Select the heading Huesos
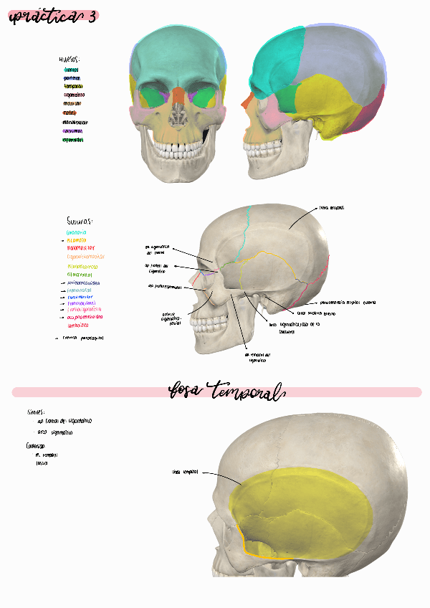[70, 60]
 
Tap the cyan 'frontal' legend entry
[71, 70]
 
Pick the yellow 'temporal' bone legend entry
[73, 85]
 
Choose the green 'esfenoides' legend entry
[73, 141]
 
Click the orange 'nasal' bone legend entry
[70, 113]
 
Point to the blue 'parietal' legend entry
[72, 77]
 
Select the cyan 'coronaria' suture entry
[76, 233]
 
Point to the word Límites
[36, 412]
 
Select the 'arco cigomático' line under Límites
[54, 432]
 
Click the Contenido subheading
[36, 446]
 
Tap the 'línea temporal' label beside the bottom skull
[184, 472]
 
